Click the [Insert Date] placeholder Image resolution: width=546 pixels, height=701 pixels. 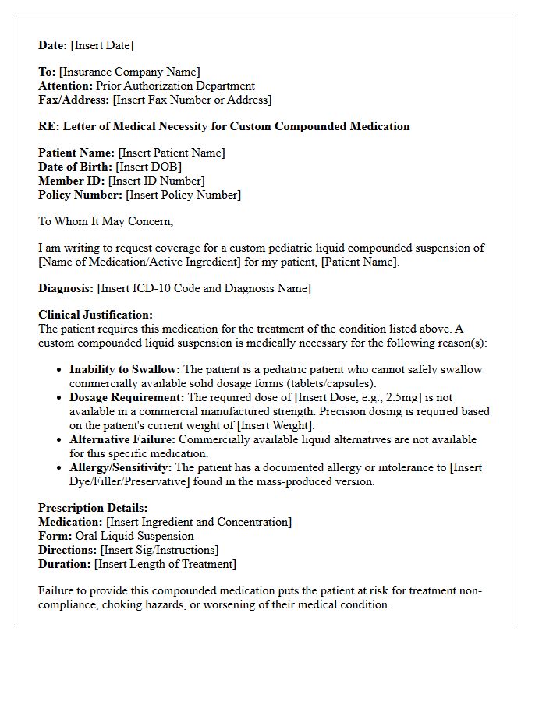(102, 45)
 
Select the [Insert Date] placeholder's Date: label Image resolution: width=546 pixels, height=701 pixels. (53, 45)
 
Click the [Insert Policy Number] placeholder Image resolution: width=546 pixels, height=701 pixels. (183, 195)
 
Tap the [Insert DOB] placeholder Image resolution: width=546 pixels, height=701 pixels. (148, 167)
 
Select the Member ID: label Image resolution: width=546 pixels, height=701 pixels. (72, 181)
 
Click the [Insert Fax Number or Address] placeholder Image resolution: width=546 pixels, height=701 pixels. (192, 100)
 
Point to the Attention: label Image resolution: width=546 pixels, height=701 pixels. (66, 86)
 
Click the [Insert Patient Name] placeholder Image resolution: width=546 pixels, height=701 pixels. (172, 153)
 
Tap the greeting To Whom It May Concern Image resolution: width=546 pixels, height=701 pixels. (105, 221)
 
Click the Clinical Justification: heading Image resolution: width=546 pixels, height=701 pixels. (96, 315)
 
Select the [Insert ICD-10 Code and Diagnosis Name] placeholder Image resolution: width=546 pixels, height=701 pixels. (204, 288)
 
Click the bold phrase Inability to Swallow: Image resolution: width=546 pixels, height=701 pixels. (125, 369)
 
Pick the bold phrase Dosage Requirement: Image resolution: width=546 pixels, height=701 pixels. (127, 397)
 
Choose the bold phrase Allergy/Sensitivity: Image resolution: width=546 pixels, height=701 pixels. (121, 467)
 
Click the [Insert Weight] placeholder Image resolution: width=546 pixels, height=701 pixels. (275, 425)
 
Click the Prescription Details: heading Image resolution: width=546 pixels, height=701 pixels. (93, 508)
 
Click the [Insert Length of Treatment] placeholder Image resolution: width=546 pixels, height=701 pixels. (165, 564)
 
